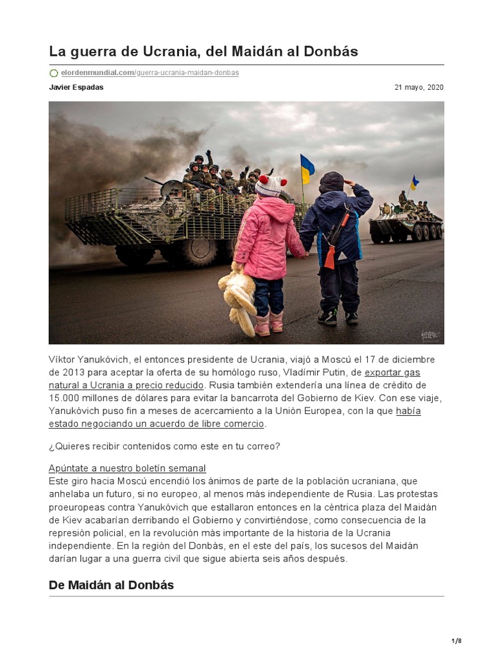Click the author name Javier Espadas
click(76, 87)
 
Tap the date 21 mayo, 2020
click(419, 87)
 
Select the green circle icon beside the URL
click(53, 73)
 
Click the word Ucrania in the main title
click(151, 51)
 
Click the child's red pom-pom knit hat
click(270, 185)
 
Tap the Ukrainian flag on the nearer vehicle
click(307, 168)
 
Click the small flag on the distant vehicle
click(414, 182)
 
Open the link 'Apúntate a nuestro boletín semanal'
click(127, 468)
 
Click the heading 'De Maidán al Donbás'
click(111, 585)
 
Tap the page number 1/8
click(456, 641)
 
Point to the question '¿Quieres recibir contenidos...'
click(164, 446)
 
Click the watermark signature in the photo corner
click(429, 335)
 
